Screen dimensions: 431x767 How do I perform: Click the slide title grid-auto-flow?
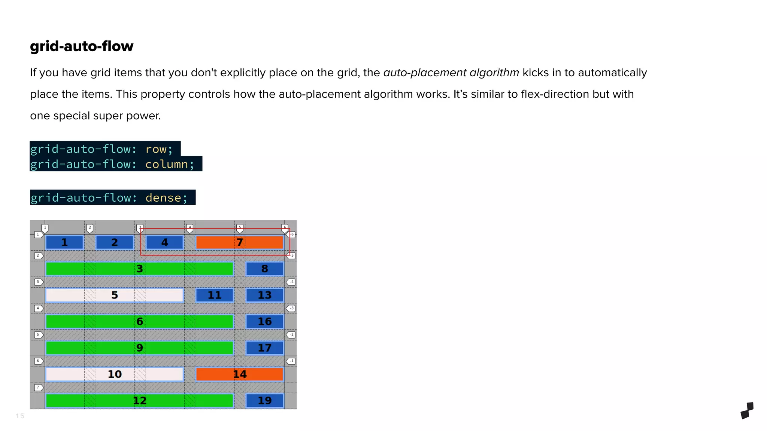(x=81, y=46)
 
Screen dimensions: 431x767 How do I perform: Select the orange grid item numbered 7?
(x=239, y=242)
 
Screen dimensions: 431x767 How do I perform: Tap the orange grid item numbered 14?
(x=239, y=374)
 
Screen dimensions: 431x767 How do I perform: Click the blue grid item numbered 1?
(x=64, y=242)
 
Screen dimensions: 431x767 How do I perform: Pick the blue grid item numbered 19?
(x=264, y=401)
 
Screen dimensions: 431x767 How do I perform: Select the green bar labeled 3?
(x=139, y=269)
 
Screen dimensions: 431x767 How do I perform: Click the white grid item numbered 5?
(x=114, y=295)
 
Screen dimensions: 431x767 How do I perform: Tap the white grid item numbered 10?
(x=114, y=374)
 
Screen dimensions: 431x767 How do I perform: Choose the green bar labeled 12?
(x=139, y=401)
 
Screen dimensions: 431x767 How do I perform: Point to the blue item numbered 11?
(x=214, y=295)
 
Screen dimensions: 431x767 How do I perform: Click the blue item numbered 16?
(x=264, y=321)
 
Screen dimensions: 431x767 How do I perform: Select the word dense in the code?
(x=163, y=198)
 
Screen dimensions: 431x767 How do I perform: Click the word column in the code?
(x=166, y=164)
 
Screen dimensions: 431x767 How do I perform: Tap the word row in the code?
(x=156, y=149)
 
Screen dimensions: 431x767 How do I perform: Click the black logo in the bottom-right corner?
(x=747, y=410)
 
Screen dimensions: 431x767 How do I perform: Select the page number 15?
(x=20, y=416)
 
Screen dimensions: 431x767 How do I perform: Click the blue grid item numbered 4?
(x=164, y=242)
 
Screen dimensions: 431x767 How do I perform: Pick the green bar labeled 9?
(x=139, y=348)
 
